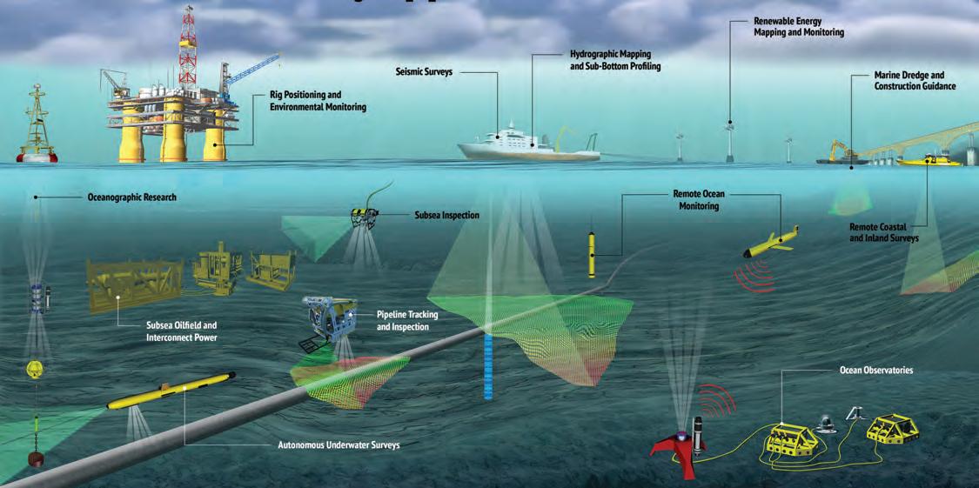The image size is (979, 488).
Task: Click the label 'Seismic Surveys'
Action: point(424,72)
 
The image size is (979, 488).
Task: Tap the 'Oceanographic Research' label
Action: point(132,197)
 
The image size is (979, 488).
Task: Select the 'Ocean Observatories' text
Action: point(876,371)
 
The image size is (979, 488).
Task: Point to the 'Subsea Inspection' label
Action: point(446,215)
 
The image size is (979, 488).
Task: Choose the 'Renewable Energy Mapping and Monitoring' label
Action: point(798,26)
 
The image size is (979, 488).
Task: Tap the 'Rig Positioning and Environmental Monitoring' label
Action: point(318,101)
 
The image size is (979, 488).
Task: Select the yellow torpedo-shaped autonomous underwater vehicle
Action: point(170,392)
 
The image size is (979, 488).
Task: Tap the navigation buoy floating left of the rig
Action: point(37,130)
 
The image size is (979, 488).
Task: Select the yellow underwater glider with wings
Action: point(771,242)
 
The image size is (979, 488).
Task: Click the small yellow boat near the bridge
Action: point(927,159)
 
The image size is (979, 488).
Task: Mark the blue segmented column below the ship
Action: point(488,365)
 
